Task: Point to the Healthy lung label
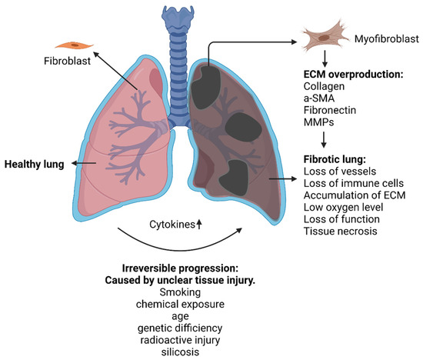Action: click(33, 164)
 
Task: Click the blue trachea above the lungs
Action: click(176, 62)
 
